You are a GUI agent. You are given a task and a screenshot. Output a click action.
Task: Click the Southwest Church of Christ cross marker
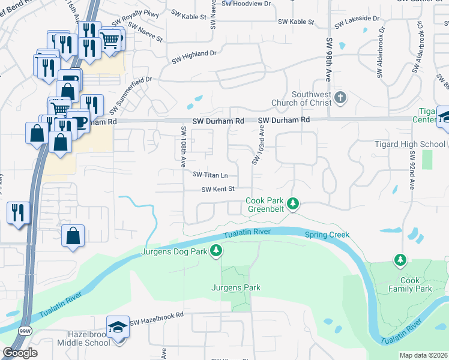pyautogui.click(x=340, y=97)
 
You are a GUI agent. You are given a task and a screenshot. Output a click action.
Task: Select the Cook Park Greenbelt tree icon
pyautogui.click(x=292, y=205)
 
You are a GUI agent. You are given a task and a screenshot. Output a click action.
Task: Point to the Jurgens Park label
pyautogui.click(x=235, y=287)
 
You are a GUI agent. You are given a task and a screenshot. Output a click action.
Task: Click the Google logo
pyautogui.click(x=20, y=353)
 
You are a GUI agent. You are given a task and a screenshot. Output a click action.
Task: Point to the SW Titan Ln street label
pyautogui.click(x=209, y=175)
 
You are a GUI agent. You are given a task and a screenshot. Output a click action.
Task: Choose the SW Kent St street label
pyautogui.click(x=217, y=190)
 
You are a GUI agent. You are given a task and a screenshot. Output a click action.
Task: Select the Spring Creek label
pyautogui.click(x=327, y=235)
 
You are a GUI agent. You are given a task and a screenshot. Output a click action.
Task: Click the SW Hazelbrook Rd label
pyautogui.click(x=155, y=322)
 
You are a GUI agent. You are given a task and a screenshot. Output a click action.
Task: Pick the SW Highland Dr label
pyautogui.click(x=194, y=57)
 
